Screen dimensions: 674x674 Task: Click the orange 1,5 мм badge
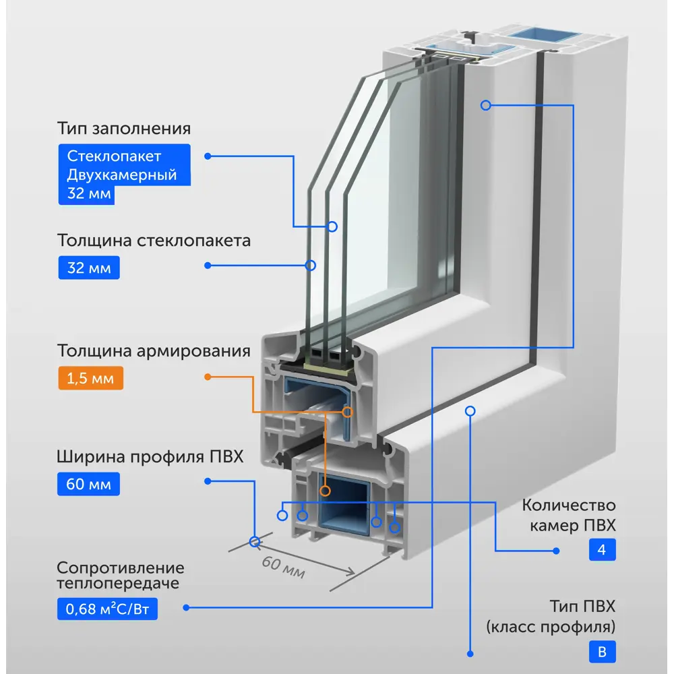click(91, 378)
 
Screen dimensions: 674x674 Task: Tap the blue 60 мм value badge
click(88, 484)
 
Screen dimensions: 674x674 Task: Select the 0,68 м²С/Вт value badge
click(107, 609)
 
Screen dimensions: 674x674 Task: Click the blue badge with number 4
click(602, 549)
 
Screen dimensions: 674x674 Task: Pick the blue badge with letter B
click(602, 652)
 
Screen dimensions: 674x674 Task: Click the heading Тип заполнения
click(124, 129)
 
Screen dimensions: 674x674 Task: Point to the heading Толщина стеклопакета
click(154, 241)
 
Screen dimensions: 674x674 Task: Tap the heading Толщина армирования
click(154, 350)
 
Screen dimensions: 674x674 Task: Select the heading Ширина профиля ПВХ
click(150, 456)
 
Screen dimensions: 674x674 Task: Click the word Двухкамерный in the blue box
click(121, 175)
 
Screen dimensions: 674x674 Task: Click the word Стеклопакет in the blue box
click(114, 156)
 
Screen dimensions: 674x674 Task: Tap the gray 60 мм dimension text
click(284, 567)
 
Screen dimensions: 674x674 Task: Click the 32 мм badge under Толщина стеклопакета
click(89, 268)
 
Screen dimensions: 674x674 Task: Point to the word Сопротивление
click(121, 568)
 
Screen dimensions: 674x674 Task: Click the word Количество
click(569, 505)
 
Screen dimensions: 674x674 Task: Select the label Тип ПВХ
click(582, 607)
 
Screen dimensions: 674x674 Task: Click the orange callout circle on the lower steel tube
click(326, 491)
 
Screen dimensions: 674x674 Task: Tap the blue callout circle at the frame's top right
click(486, 105)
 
